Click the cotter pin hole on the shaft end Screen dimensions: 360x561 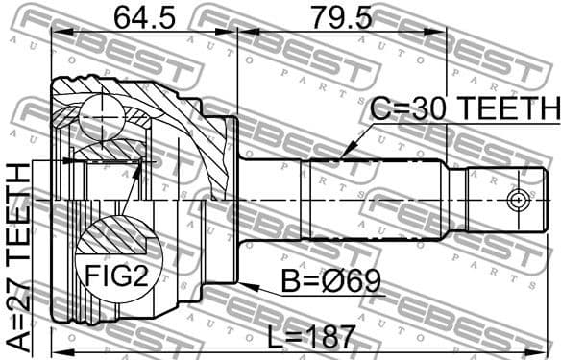(x=518, y=200)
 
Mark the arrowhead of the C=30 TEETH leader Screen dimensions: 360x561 (x=342, y=156)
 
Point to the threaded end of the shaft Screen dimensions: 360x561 (x=500, y=200)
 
